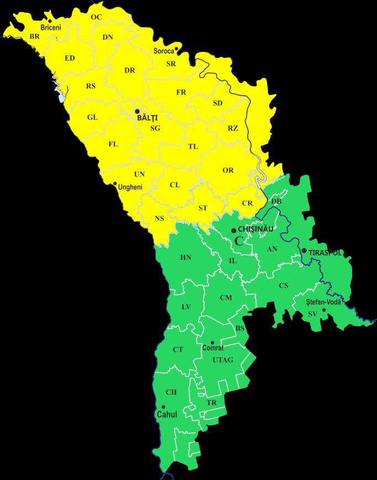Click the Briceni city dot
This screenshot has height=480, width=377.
click(x=50, y=21)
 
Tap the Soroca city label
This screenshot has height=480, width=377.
click(x=164, y=51)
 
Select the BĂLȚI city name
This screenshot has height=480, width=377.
click(x=147, y=117)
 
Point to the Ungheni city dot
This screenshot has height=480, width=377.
click(x=114, y=184)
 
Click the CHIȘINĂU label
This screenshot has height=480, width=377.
click(x=255, y=229)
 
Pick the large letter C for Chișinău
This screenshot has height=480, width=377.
click(x=239, y=241)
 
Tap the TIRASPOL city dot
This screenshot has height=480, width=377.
click(x=304, y=251)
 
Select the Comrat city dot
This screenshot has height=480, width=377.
click(x=212, y=343)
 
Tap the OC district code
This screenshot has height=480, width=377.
click(x=96, y=17)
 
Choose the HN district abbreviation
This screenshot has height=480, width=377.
click(x=186, y=258)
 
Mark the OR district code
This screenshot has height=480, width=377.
click(x=228, y=170)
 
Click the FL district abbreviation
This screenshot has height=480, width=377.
click(x=113, y=144)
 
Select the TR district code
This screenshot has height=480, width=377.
click(x=212, y=403)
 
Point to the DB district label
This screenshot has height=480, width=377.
click(x=276, y=201)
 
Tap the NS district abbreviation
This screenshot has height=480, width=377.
click(x=159, y=218)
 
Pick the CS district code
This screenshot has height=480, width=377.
click(x=284, y=285)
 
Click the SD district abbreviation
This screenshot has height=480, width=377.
click(x=218, y=103)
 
